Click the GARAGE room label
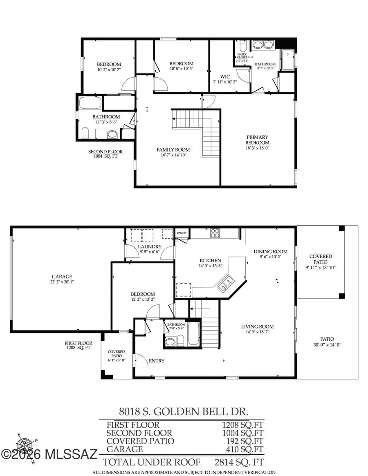[x=62, y=277]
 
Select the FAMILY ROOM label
[x=173, y=150]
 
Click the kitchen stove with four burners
[x=215, y=233]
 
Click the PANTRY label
[x=182, y=233]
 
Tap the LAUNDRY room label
[x=149, y=247]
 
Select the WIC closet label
[x=224, y=76]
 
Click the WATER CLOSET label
[x=242, y=56]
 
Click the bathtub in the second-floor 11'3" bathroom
[x=90, y=103]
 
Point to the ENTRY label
[x=157, y=361]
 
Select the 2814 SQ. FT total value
[x=239, y=462]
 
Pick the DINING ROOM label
[x=271, y=252]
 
